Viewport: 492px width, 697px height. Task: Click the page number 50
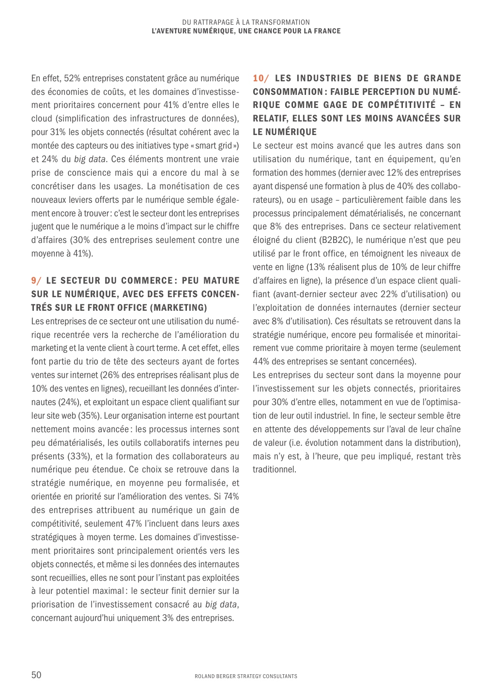pos(36,675)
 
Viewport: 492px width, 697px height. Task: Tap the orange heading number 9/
pos(36,281)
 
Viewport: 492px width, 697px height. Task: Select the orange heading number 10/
pos(261,78)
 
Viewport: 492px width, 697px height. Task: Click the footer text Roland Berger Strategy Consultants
pos(246,676)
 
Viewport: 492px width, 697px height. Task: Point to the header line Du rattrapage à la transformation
pos(246,22)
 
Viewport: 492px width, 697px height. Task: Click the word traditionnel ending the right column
pos(274,470)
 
